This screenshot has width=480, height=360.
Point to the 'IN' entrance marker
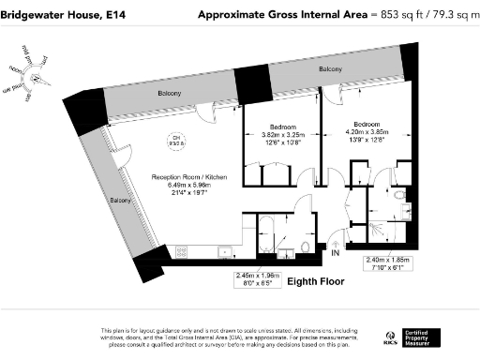(x=335, y=252)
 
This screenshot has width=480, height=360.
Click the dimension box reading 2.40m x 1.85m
(x=388, y=263)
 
